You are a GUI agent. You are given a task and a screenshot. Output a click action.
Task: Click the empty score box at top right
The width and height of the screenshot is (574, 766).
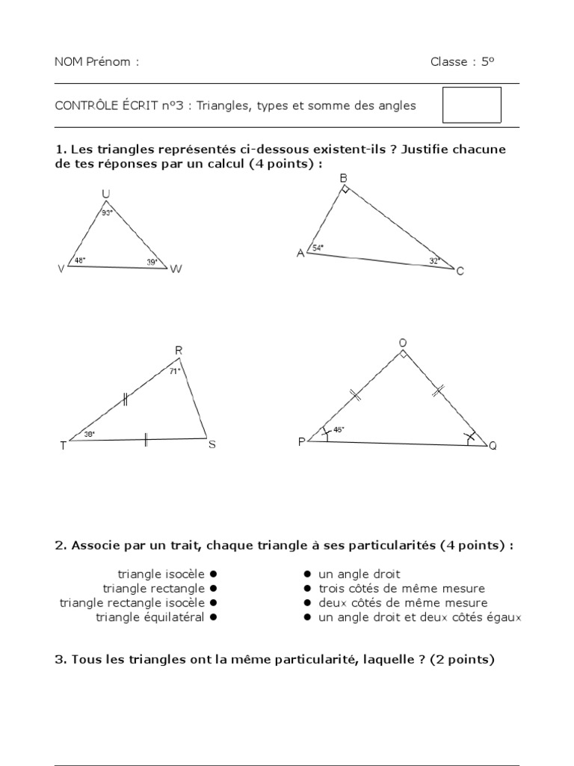(x=472, y=105)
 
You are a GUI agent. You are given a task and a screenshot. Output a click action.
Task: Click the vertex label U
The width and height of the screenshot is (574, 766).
(x=106, y=194)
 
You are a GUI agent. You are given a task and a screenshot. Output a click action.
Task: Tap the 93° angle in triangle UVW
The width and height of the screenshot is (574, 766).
(x=108, y=213)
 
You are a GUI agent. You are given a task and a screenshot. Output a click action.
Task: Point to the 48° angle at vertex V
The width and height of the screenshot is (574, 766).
(x=80, y=261)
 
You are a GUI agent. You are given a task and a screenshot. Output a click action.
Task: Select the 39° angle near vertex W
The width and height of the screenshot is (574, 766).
(x=152, y=263)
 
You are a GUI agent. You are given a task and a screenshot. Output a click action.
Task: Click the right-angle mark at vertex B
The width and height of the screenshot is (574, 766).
(x=345, y=190)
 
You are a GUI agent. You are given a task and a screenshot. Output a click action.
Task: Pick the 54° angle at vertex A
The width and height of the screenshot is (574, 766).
(x=318, y=248)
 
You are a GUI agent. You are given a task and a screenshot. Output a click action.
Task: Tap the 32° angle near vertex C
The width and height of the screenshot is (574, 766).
(x=435, y=261)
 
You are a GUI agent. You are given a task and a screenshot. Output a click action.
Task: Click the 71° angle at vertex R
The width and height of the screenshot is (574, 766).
(x=174, y=370)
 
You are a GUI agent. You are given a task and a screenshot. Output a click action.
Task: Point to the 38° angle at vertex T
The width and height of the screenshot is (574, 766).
(x=89, y=434)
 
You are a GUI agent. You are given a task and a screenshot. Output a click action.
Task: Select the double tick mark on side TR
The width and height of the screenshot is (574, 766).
(x=126, y=400)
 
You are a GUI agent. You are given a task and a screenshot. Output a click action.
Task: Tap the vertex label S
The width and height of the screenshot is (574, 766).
(x=212, y=445)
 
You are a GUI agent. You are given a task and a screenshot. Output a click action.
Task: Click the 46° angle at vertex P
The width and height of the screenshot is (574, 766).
(x=338, y=429)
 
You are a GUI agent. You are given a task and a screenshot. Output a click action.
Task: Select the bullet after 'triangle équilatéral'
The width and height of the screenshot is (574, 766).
(x=213, y=617)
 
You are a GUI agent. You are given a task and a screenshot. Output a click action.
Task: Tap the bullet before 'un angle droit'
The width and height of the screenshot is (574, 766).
(x=307, y=574)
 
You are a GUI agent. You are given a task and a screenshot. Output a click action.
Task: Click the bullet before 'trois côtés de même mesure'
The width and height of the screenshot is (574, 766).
(x=307, y=588)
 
